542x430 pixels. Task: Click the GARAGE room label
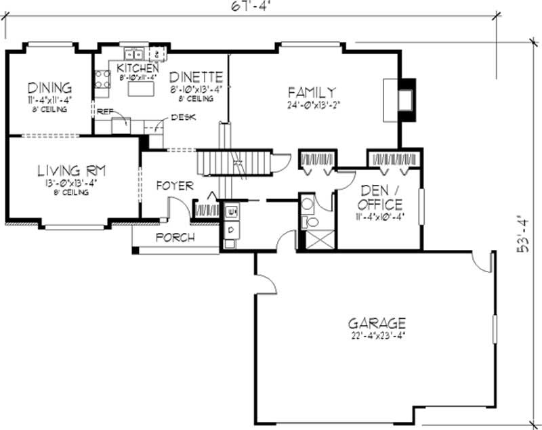tap(377, 323)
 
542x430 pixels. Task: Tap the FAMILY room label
tap(312, 92)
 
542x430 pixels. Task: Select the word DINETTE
tap(196, 77)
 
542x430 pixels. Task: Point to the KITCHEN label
tap(138, 68)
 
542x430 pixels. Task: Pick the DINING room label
tap(49, 88)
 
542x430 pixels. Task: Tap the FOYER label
tap(175, 186)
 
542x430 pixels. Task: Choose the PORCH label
tap(175, 238)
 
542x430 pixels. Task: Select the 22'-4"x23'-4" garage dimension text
tap(377, 335)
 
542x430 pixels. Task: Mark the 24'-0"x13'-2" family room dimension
tap(312, 105)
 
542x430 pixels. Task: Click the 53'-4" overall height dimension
tap(522, 234)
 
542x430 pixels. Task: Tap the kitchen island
tap(143, 89)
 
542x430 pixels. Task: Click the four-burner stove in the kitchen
tap(102, 79)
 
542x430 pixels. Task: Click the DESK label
tap(184, 117)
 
